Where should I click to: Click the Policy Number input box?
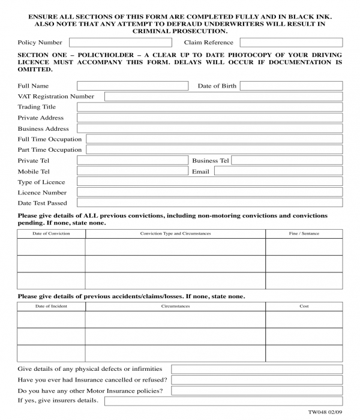(119, 43)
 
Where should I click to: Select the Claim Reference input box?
(291, 43)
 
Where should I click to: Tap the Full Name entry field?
(132, 86)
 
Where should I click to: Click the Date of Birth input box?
(291, 86)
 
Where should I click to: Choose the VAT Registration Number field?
(223, 97)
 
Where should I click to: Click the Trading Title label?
(37, 107)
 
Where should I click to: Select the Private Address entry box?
(209, 118)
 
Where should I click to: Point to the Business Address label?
(43, 128)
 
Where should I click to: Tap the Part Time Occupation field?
(214, 150)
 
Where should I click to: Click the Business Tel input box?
(287, 161)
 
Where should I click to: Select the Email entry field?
(278, 171)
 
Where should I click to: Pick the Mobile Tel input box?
(132, 171)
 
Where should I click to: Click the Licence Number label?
(42, 193)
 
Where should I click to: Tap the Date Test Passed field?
(209, 203)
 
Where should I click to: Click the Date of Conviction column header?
(51, 233)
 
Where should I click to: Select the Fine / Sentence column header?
(304, 233)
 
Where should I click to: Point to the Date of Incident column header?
(51, 306)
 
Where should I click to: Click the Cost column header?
(304, 306)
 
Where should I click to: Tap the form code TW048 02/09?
(325, 412)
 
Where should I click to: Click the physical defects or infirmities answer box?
(257, 369)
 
